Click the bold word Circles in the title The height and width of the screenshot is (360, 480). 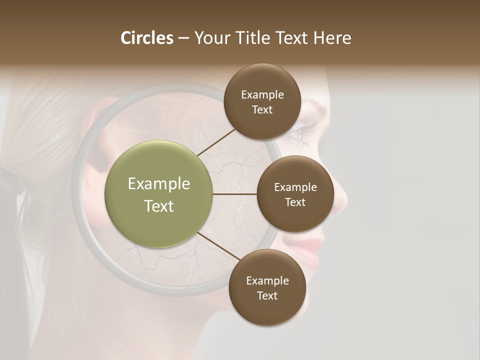click(x=146, y=38)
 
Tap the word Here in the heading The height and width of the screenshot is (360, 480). click(x=332, y=38)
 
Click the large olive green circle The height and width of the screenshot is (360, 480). click(x=158, y=194)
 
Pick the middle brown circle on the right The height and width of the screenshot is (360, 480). click(x=295, y=194)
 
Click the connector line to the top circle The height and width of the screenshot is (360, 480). click(x=216, y=142)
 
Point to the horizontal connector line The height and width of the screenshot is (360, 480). click(x=234, y=194)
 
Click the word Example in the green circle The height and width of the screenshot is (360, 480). click(x=158, y=184)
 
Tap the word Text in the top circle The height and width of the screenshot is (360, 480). click(x=262, y=110)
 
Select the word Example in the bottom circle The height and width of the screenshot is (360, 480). click(x=267, y=280)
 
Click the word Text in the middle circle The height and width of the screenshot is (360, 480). click(x=295, y=202)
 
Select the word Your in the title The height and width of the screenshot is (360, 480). click(x=210, y=38)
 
